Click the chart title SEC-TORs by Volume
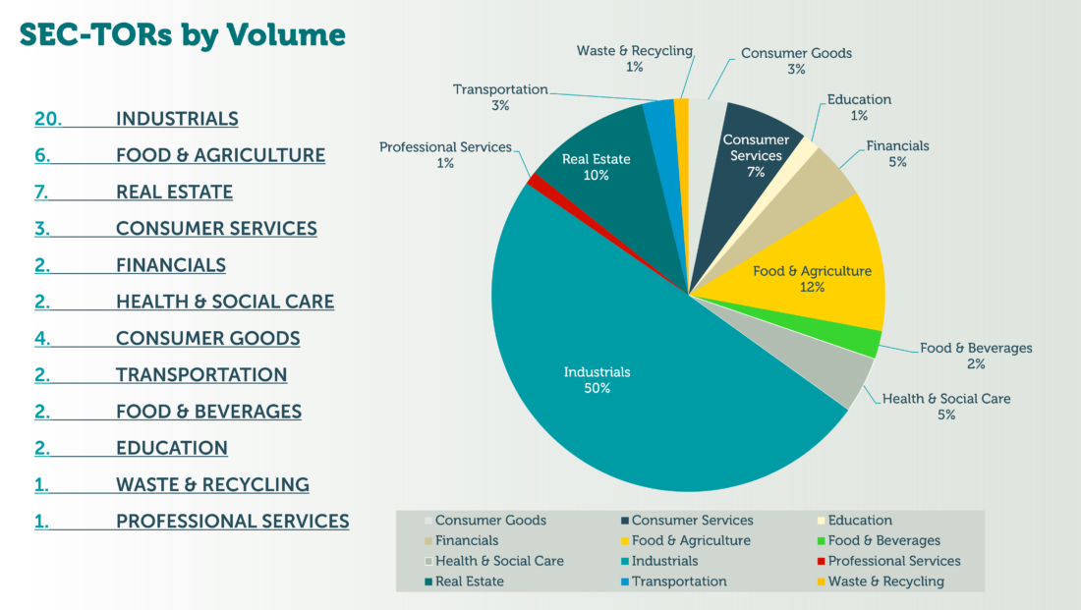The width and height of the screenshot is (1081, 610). tap(183, 35)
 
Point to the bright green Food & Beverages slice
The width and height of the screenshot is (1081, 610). tap(865, 342)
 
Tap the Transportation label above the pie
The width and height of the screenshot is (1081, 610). tap(500, 89)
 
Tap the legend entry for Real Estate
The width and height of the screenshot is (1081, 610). tap(470, 582)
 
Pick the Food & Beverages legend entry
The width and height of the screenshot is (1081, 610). tap(883, 540)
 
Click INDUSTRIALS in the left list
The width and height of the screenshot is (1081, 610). tap(177, 119)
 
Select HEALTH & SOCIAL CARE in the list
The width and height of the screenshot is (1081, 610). tap(225, 302)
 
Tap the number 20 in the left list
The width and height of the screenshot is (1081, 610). tap(48, 119)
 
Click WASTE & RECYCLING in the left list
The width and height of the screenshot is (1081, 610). tap(212, 484)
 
